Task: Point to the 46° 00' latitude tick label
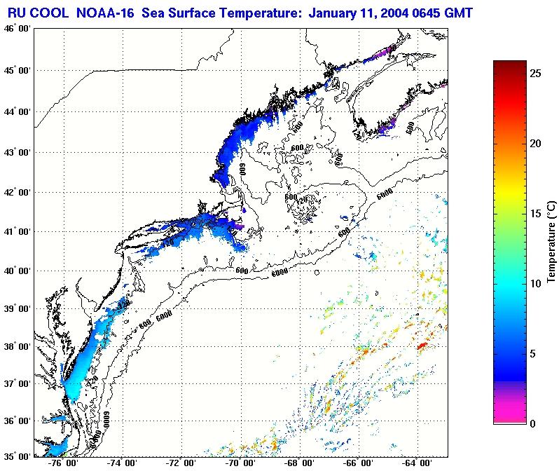(17, 28)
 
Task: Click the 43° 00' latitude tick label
(17, 152)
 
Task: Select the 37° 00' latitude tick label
(17, 383)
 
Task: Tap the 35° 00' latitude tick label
(17, 455)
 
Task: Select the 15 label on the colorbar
(534, 214)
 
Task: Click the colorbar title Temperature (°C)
(551, 241)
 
